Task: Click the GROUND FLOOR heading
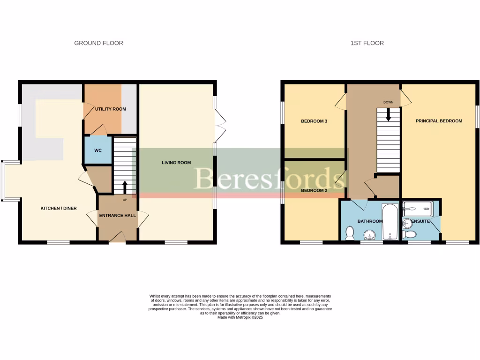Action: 98,43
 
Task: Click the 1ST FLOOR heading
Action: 367,43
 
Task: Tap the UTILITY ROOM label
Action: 111,109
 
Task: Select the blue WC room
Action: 98,150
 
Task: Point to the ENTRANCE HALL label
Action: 117,216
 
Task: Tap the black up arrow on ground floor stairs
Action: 125,187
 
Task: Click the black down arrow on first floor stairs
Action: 388,114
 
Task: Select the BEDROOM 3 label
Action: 314,121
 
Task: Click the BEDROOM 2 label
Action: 314,191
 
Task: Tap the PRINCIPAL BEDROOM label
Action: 439,121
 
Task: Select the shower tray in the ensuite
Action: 421,207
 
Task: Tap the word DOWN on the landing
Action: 388,102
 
